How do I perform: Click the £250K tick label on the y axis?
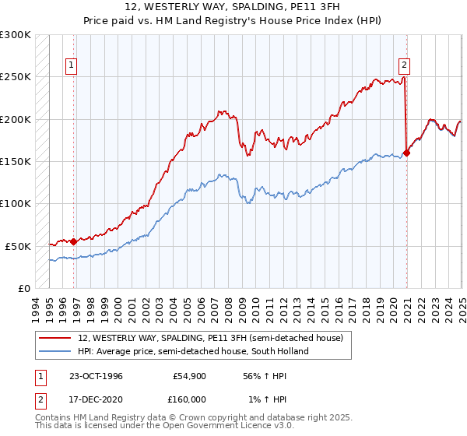point(15,77)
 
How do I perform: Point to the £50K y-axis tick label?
point(17,246)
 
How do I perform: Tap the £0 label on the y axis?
point(24,288)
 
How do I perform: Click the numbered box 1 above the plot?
point(71,66)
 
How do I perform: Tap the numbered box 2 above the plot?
point(405,66)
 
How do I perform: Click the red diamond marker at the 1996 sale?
point(74,241)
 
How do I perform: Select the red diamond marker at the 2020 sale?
point(407,153)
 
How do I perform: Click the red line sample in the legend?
point(55,338)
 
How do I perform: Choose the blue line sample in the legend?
point(55,351)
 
